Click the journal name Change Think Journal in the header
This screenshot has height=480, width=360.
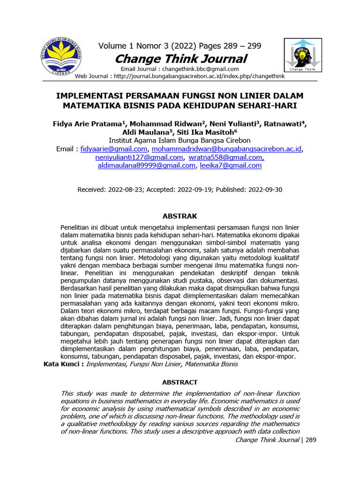tap(180, 59)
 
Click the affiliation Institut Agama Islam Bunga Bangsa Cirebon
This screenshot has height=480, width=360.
tap(180, 141)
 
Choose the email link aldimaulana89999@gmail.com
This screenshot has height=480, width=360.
tap(146, 165)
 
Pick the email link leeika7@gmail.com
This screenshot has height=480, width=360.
tap(231, 165)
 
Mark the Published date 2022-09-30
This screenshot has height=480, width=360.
tap(265, 190)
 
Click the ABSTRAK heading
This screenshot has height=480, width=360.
tap(180, 216)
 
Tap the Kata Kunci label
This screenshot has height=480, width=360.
tap(63, 364)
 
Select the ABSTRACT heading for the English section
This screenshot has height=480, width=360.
tap(180, 382)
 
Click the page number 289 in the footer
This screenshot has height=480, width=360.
tap(311, 440)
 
